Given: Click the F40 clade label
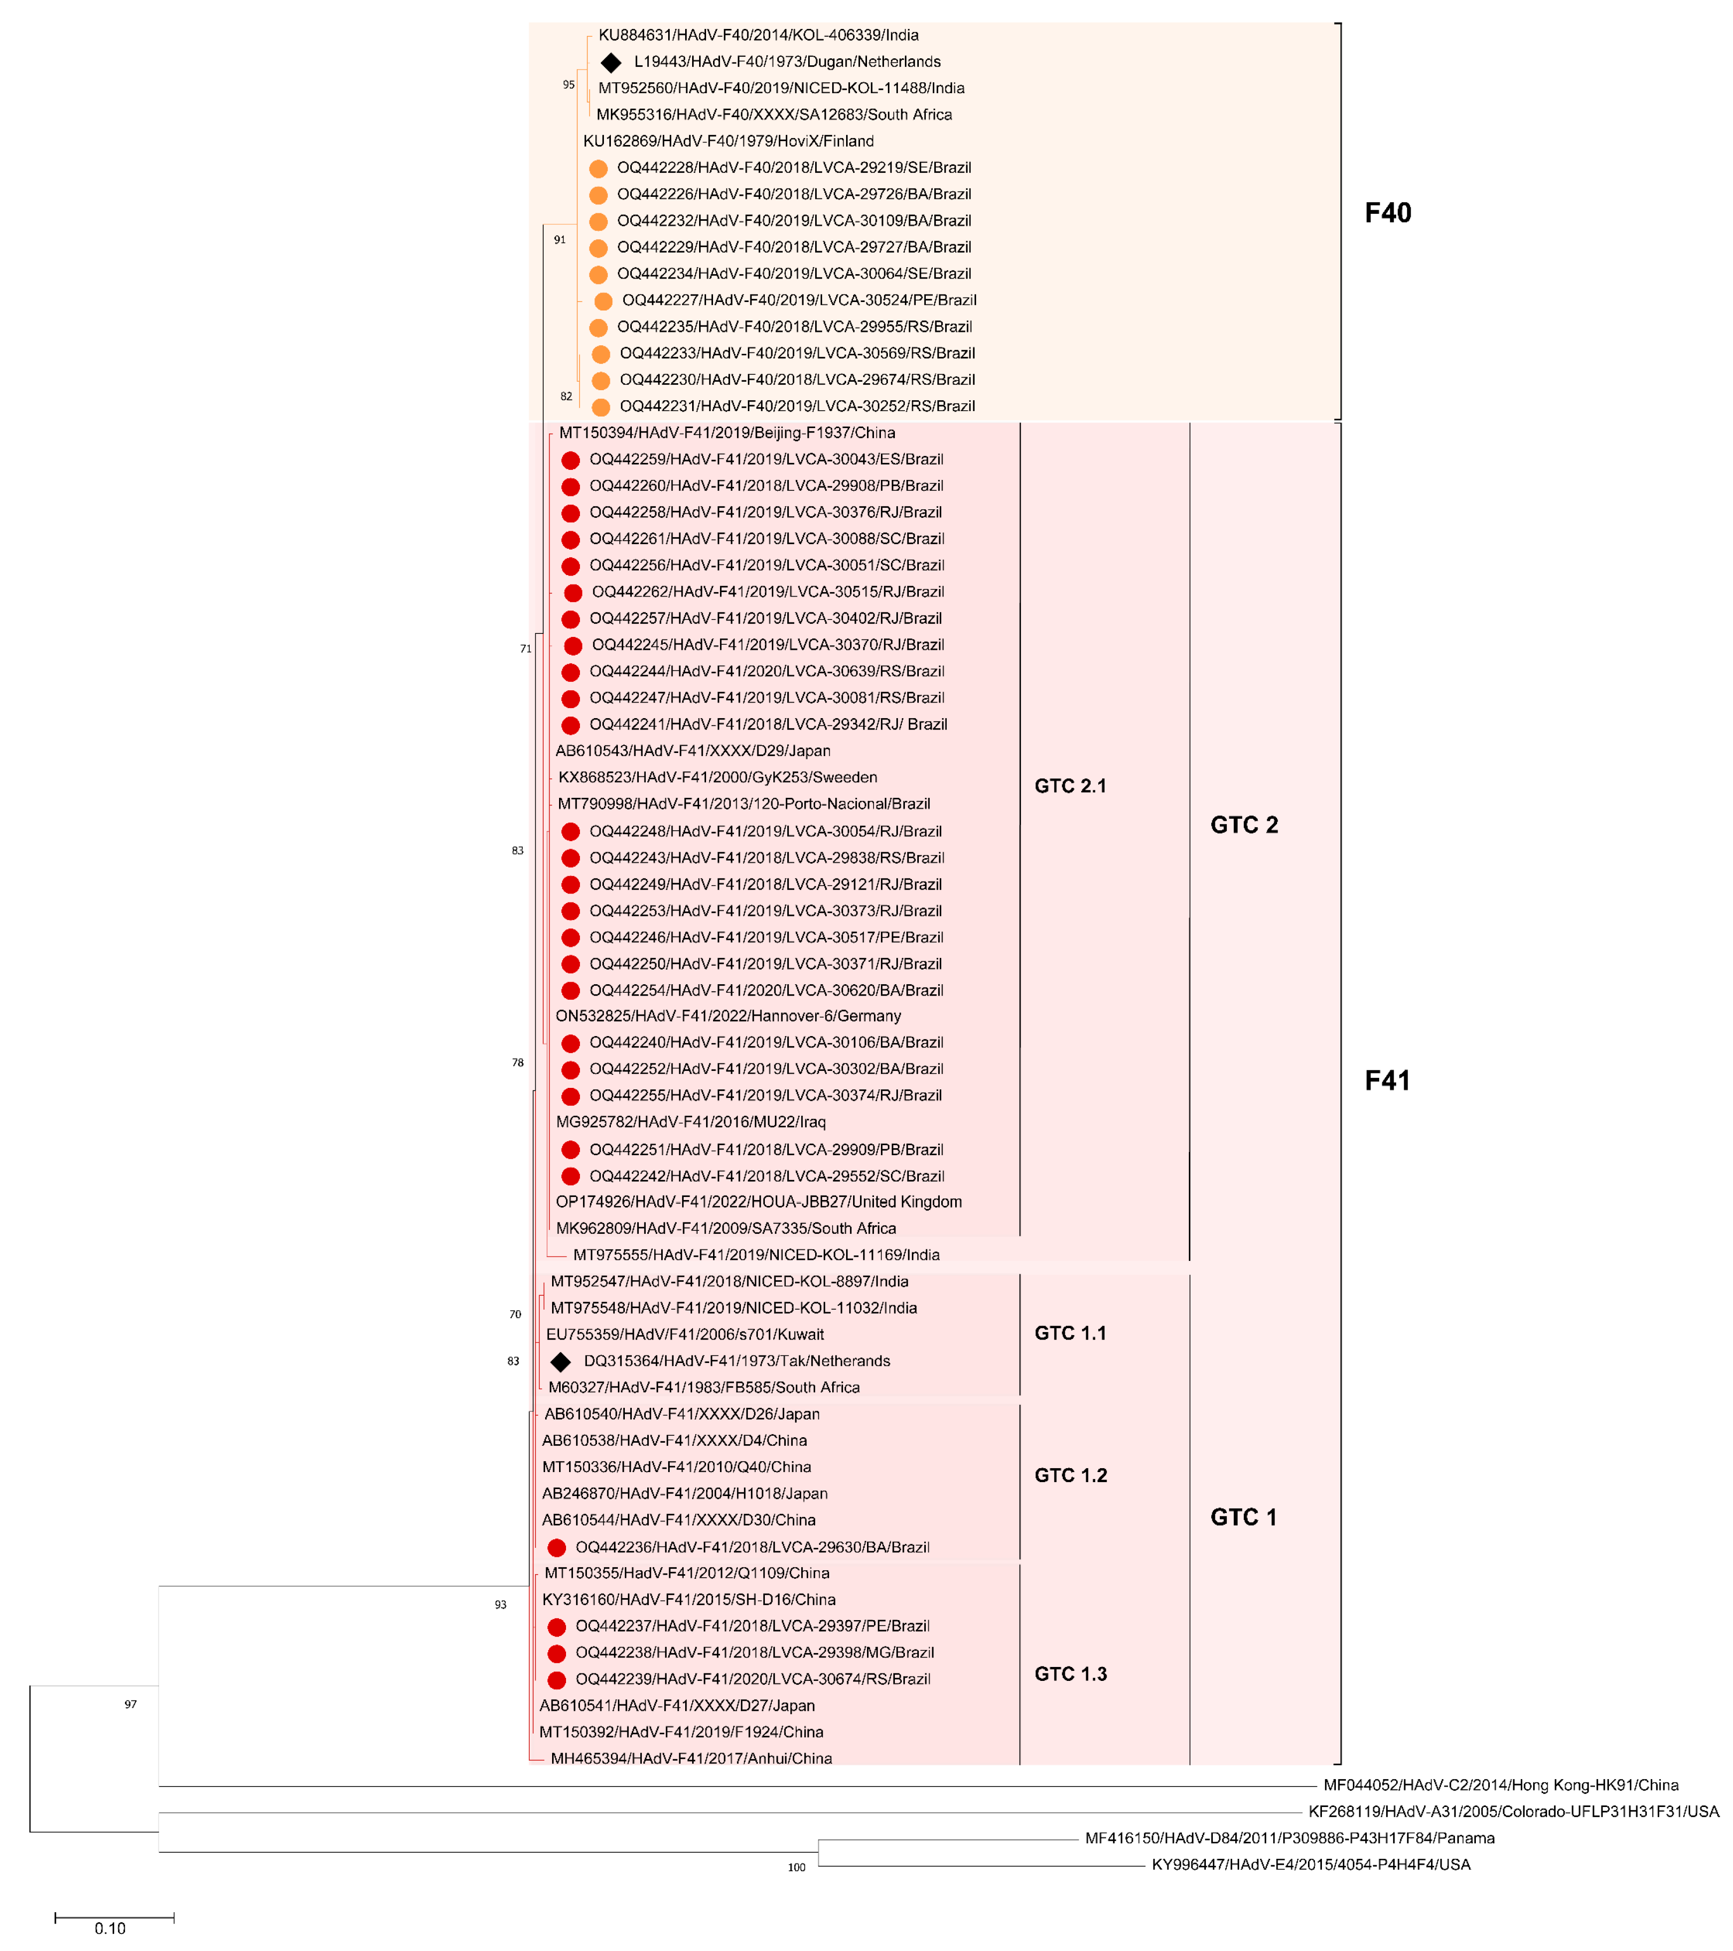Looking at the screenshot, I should tap(1387, 213).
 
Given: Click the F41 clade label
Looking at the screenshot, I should tap(1387, 1080).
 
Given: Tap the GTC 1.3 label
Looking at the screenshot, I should tap(1070, 1674).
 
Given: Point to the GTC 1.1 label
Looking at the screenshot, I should tap(1070, 1334).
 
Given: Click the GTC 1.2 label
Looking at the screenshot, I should tap(1070, 1476).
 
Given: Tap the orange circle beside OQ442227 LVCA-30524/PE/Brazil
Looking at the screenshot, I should tap(603, 301).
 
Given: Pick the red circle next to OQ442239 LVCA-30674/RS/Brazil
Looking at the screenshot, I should tap(557, 1680).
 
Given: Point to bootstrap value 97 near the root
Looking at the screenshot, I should tap(131, 1705).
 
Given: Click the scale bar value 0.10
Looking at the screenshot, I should tap(110, 1929).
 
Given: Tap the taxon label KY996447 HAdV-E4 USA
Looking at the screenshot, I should tap(1310, 1865).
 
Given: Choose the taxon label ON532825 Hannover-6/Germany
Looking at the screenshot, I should tap(728, 1017).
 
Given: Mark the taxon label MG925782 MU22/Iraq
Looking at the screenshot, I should tap(691, 1122).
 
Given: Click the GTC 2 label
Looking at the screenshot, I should tap(1244, 826).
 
